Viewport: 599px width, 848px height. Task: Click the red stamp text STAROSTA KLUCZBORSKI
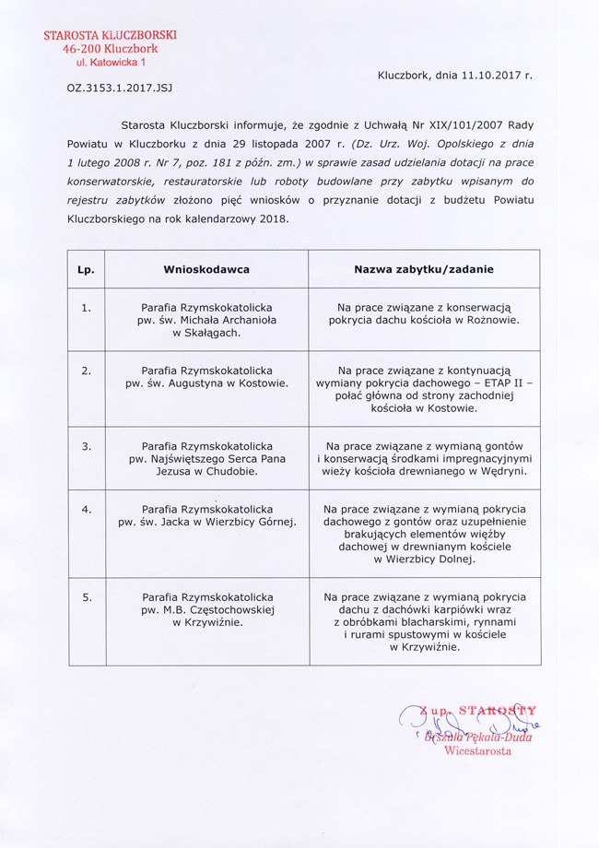(111, 34)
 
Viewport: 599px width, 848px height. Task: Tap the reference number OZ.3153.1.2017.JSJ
(120, 88)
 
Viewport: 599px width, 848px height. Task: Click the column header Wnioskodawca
(206, 269)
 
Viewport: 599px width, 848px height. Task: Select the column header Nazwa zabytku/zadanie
(424, 269)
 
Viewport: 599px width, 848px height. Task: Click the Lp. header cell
(86, 270)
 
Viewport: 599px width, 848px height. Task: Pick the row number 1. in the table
(86, 308)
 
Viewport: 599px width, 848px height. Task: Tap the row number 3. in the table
(86, 446)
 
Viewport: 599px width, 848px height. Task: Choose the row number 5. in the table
(86, 597)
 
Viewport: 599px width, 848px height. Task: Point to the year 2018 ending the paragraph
(272, 219)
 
